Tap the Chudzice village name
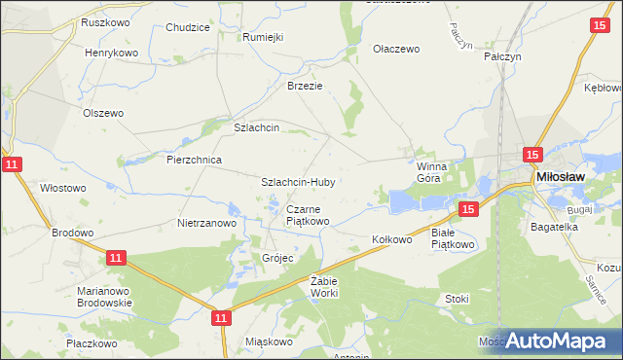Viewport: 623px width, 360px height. click(x=188, y=28)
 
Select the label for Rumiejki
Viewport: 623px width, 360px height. click(x=263, y=37)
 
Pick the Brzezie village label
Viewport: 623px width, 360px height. click(x=304, y=86)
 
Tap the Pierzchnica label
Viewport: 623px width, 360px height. click(x=195, y=160)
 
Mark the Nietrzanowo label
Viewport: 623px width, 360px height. click(x=207, y=223)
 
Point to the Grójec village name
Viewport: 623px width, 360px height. click(x=277, y=258)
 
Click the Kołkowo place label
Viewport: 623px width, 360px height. click(x=393, y=238)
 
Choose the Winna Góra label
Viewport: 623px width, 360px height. click(x=429, y=172)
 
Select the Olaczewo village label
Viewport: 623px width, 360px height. click(x=396, y=48)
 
